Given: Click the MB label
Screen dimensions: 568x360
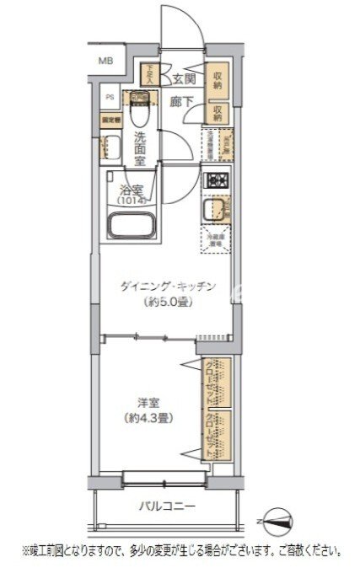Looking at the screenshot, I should (106, 61).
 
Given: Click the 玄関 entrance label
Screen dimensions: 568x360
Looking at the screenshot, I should (184, 80).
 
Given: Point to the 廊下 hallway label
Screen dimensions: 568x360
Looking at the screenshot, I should (182, 101).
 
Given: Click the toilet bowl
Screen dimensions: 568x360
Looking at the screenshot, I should (141, 108).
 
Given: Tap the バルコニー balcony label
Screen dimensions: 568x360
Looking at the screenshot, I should (167, 506).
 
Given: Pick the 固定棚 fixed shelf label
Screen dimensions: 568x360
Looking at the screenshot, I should (110, 120).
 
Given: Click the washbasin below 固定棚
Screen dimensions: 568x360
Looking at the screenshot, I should (109, 147).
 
